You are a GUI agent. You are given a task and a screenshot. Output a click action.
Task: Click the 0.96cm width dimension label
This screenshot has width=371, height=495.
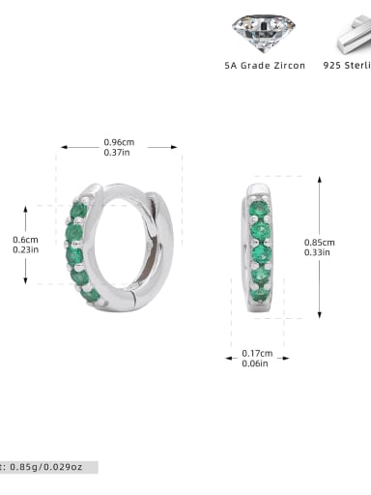(119, 142)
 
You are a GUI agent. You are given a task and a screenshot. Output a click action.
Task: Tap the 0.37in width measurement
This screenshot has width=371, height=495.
(119, 152)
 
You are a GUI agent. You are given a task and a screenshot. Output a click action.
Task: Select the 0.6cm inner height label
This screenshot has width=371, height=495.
(25, 239)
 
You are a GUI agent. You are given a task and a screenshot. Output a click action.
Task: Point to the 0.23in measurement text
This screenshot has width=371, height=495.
(25, 249)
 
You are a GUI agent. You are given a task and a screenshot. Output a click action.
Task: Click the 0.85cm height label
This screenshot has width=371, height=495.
(320, 242)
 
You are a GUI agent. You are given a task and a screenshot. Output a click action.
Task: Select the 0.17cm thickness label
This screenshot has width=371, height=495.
(257, 353)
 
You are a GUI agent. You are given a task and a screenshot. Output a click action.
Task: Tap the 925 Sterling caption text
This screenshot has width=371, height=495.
(347, 66)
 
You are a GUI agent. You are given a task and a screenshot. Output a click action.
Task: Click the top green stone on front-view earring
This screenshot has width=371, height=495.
(259, 208)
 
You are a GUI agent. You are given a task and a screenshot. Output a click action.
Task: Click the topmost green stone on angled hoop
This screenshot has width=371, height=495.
(78, 210)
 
